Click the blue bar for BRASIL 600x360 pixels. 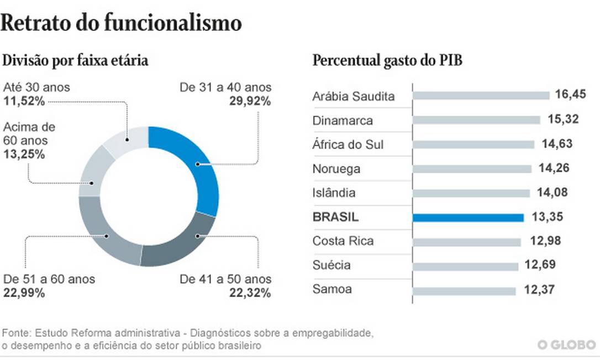point(468,218)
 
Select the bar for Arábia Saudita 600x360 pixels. point(481,96)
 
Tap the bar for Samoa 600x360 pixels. point(464,290)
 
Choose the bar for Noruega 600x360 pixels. point(472,169)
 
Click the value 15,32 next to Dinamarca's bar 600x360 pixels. point(563,120)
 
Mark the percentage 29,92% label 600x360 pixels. point(250,101)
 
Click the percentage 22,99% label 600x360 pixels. point(24,293)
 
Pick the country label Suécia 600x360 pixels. point(331,266)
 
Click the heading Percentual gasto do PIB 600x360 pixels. point(387,61)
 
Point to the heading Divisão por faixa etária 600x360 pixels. point(76,61)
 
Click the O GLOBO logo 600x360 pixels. point(566,345)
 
